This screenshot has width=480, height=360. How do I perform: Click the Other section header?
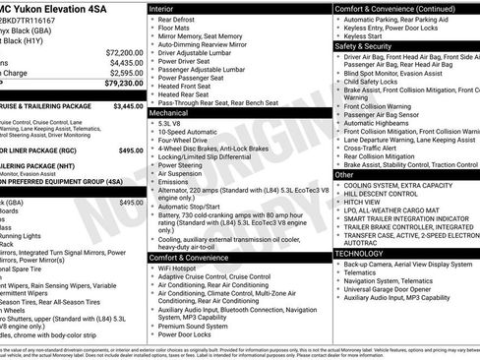(344, 173)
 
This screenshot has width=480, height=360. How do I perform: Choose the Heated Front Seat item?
(188, 85)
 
